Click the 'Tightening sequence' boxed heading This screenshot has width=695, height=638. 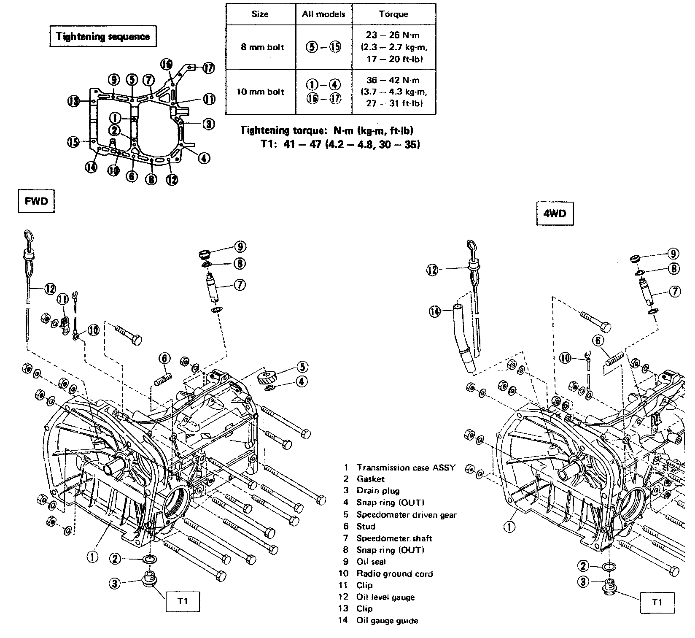click(103, 36)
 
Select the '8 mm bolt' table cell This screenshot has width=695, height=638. click(261, 47)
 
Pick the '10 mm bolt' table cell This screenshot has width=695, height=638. click(261, 92)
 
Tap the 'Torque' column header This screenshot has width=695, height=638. click(393, 14)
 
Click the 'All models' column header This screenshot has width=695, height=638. click(323, 14)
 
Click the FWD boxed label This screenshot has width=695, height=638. click(37, 201)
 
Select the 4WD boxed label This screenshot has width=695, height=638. click(555, 214)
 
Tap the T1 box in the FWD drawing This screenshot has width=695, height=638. click(183, 601)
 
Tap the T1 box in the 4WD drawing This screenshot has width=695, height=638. click(657, 602)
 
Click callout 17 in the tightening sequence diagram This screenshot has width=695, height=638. click(209, 68)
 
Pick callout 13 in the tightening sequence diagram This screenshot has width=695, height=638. click(74, 101)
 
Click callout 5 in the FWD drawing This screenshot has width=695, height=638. click(302, 367)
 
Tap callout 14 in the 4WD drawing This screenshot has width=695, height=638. click(435, 312)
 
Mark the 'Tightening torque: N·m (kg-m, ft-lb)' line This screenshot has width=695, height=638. click(327, 130)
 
